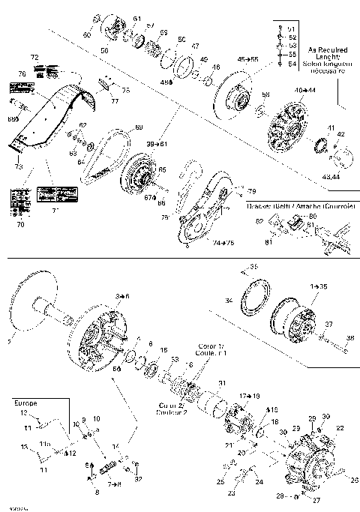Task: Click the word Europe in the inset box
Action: point(25,403)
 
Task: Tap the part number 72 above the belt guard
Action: point(34,58)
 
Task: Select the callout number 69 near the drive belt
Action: point(138,128)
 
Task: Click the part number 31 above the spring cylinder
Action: point(221,384)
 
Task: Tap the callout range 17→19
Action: point(248,395)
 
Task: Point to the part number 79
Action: point(252,191)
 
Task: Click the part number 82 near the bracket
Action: point(259,222)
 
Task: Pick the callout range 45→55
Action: point(247,58)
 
